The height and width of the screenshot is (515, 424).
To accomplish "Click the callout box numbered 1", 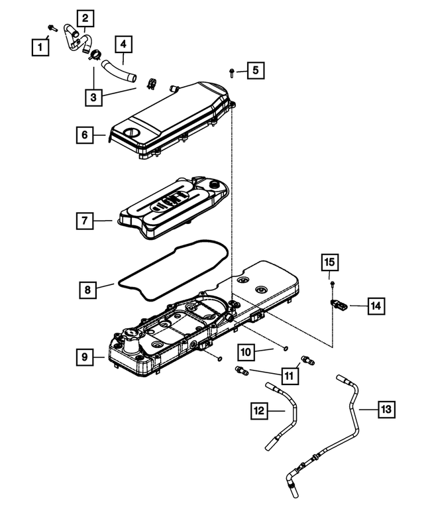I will coord(41,46).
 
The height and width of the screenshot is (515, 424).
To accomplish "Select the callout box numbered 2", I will coord(85,18).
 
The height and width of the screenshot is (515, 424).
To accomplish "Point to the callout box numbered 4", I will coord(123,44).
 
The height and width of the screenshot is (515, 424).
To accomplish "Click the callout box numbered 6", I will coord(84,135).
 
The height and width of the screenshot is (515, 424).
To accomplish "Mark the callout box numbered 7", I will coord(84,221).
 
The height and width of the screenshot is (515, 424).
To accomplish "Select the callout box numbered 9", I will coord(84,357).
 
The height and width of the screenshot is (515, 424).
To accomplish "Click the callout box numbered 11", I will coord(289,374).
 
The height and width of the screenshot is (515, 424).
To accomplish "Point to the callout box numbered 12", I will coord(260,411).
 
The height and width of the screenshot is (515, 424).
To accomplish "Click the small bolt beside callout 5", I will coord(231,70).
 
